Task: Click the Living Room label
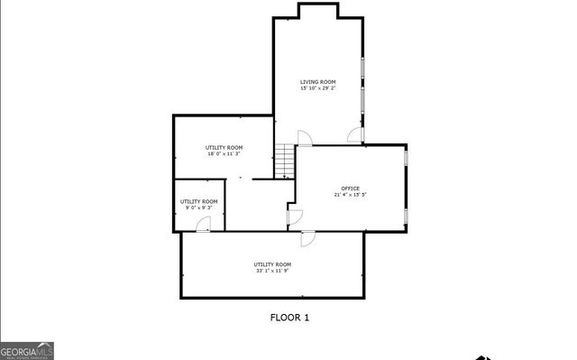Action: [318, 81]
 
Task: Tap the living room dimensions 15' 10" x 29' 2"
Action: [318, 88]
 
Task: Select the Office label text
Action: [350, 188]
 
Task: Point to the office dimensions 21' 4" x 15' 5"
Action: [350, 195]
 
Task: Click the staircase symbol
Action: [286, 161]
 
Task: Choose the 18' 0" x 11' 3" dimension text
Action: [224, 153]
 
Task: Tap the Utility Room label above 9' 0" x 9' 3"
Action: [198, 201]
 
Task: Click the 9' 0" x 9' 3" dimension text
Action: [198, 208]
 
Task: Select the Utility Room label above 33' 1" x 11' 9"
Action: [272, 263]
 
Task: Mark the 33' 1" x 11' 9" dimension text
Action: [272, 271]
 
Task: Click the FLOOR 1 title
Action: [290, 317]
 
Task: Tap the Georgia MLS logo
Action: [27, 350]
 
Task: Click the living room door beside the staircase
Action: [304, 138]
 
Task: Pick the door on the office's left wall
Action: [295, 217]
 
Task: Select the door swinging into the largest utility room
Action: [307, 238]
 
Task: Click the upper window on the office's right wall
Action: [406, 159]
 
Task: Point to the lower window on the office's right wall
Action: [406, 214]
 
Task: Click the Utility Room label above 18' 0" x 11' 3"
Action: [224, 147]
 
